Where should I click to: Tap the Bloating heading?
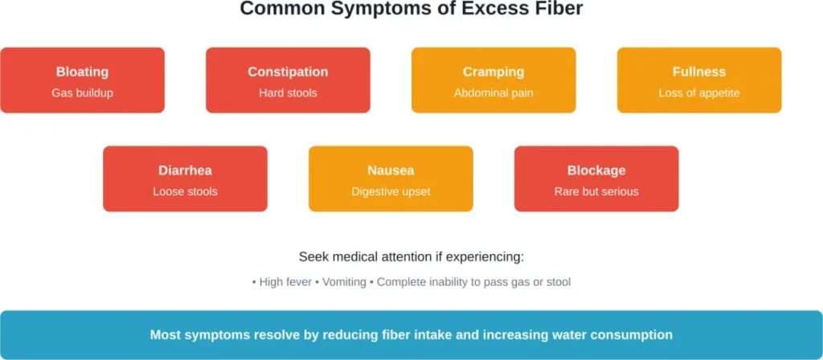82,72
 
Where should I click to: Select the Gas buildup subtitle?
82,93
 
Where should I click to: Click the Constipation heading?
288,72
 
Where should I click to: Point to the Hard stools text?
288,93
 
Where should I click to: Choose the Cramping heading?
493,72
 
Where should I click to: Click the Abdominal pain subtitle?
493,93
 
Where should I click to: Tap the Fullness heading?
699,72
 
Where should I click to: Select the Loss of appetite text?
699,93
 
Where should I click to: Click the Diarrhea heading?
185,170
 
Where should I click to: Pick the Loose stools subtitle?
185,191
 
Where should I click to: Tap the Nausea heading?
391,170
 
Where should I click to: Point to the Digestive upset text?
391,191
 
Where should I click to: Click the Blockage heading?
596,170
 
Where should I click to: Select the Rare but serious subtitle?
596,191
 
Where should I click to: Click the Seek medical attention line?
411,257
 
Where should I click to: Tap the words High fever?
287,282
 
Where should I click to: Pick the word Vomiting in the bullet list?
344,282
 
